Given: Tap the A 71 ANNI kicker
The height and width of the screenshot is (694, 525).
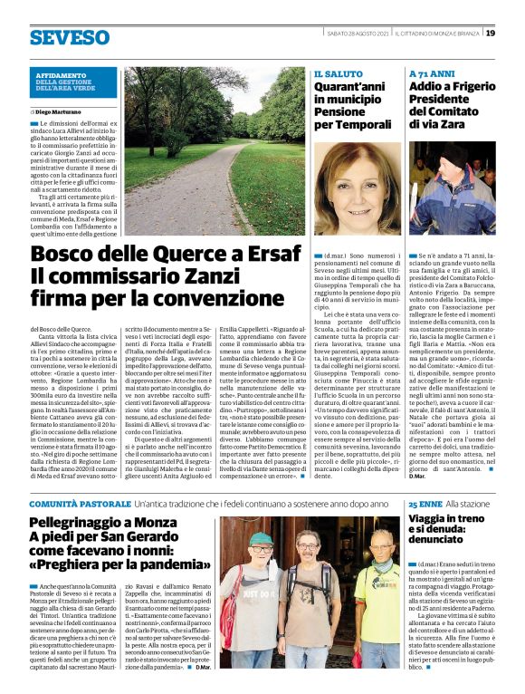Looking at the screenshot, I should pos(430,73).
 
